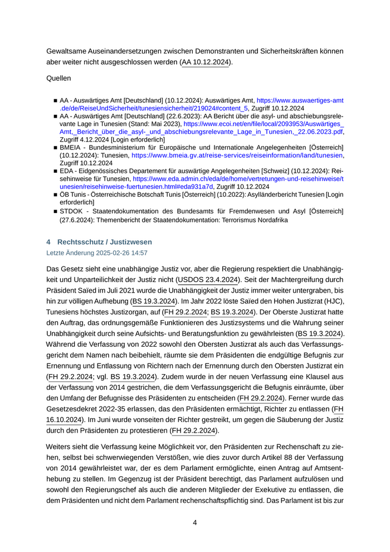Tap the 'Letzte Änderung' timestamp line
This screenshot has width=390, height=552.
(x=96, y=253)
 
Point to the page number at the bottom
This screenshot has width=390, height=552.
(x=195, y=522)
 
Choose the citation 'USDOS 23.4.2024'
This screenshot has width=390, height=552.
(x=208, y=279)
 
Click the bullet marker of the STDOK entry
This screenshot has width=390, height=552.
(x=56, y=211)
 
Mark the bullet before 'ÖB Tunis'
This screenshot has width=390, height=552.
(x=56, y=194)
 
